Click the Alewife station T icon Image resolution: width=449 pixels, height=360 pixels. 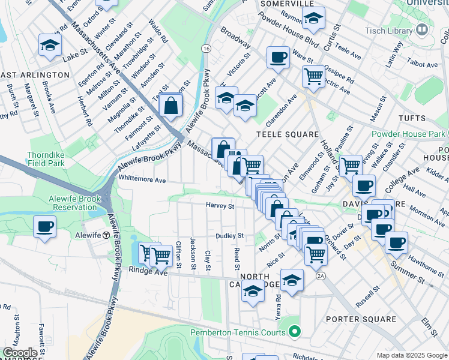coord(106,235)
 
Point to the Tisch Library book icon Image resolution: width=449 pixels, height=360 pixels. coord(423,29)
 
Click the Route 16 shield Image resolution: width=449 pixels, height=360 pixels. coord(206,48)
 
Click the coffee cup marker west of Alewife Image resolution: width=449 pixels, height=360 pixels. coord(45,227)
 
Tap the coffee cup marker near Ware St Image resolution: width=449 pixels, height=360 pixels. coord(278,57)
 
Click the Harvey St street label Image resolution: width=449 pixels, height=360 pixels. coord(220,206)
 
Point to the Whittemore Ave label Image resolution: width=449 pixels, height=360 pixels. coord(142,179)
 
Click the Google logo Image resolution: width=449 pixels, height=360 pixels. coord(20,353)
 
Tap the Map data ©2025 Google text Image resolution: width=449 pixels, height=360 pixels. coord(412,355)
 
